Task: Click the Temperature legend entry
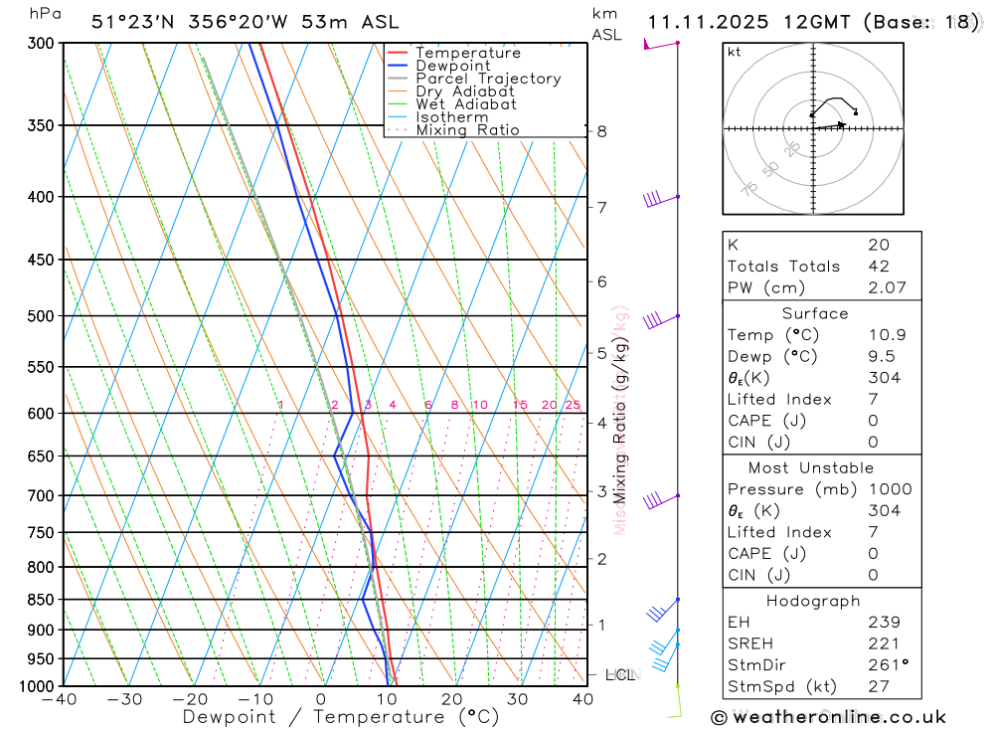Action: click(467, 53)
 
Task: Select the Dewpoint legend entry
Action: click(453, 66)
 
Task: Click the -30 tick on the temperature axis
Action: click(125, 699)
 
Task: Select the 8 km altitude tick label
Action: click(601, 131)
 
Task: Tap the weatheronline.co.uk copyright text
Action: click(828, 717)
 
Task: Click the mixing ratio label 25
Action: click(573, 405)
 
